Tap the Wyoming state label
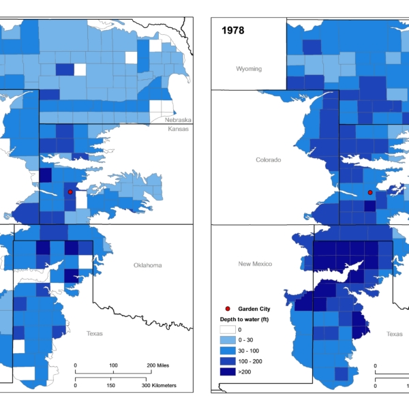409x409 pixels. (x=249, y=69)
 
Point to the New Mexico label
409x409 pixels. (x=255, y=263)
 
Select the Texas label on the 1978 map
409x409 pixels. (x=394, y=334)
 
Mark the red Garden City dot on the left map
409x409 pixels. (x=70, y=192)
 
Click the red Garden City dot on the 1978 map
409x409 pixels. (x=370, y=192)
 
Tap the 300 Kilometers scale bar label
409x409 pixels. (x=160, y=386)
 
